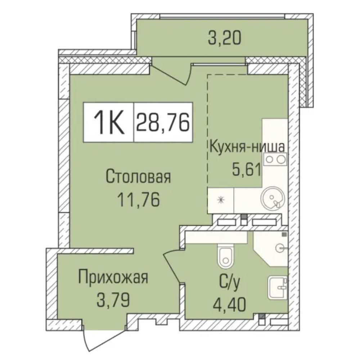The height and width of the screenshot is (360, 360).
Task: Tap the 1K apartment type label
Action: pos(109,122)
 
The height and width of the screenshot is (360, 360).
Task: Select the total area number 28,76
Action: pos(163,122)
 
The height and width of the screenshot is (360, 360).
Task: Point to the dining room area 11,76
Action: pos(139,199)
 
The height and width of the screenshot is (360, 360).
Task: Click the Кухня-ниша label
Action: pos(247,147)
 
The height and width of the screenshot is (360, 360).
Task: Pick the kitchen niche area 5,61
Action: pos(247,170)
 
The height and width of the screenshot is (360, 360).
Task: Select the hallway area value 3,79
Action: pos(113,300)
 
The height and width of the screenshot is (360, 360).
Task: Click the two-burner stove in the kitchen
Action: pos(275,159)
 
